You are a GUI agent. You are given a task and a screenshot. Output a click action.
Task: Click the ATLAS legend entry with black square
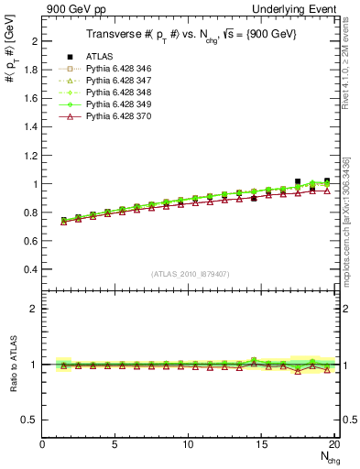pos(95,56)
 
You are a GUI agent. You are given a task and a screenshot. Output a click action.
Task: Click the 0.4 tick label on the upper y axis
pos(31,269)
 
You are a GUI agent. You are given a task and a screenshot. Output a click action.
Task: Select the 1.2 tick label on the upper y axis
pos(31,156)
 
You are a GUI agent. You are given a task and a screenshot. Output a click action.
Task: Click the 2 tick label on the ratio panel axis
pos(36,309)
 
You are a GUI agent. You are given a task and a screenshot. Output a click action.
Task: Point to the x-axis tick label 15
pos(263,445)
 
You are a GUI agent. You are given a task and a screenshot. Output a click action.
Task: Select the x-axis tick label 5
pos(115,445)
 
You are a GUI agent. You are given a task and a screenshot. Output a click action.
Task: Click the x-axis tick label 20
pos(335,445)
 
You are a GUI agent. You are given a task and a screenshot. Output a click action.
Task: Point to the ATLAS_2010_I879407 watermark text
pos(190,275)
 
